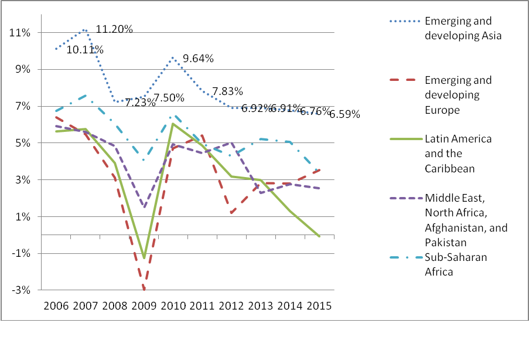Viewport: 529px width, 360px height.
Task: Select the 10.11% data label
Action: (84, 50)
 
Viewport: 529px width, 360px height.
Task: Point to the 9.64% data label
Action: (197, 59)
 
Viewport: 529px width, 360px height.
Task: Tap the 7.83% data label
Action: (227, 91)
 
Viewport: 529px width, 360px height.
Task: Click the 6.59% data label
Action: (344, 114)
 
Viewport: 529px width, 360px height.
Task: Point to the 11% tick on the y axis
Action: (21, 32)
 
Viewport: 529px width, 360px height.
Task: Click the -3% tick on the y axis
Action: (22, 290)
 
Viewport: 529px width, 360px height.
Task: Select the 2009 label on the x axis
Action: (144, 306)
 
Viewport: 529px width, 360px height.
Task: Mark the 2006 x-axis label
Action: (56, 306)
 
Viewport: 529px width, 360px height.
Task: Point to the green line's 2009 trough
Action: (144, 258)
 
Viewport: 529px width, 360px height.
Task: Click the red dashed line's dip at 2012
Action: (232, 213)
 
